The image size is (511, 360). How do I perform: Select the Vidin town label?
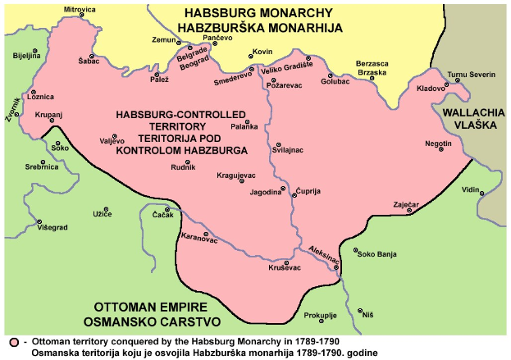click(x=469, y=189)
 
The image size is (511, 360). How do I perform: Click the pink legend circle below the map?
click(x=14, y=340)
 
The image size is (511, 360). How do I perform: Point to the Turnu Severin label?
click(x=472, y=74)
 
